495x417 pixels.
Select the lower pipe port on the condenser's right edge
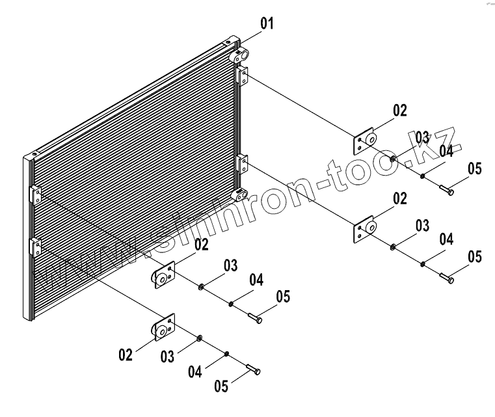241,194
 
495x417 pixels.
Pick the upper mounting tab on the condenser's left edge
35,193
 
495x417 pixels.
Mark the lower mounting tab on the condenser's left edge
35,247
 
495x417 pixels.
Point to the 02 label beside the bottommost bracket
126,355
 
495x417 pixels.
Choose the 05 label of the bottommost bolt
222,386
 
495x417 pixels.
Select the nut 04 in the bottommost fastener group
226,354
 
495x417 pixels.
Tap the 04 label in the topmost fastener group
445,152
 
